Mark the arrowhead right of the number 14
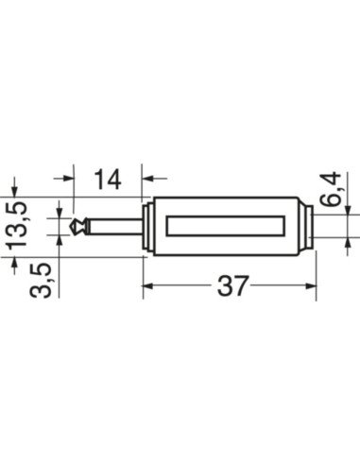147,177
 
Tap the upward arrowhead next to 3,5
61,237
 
